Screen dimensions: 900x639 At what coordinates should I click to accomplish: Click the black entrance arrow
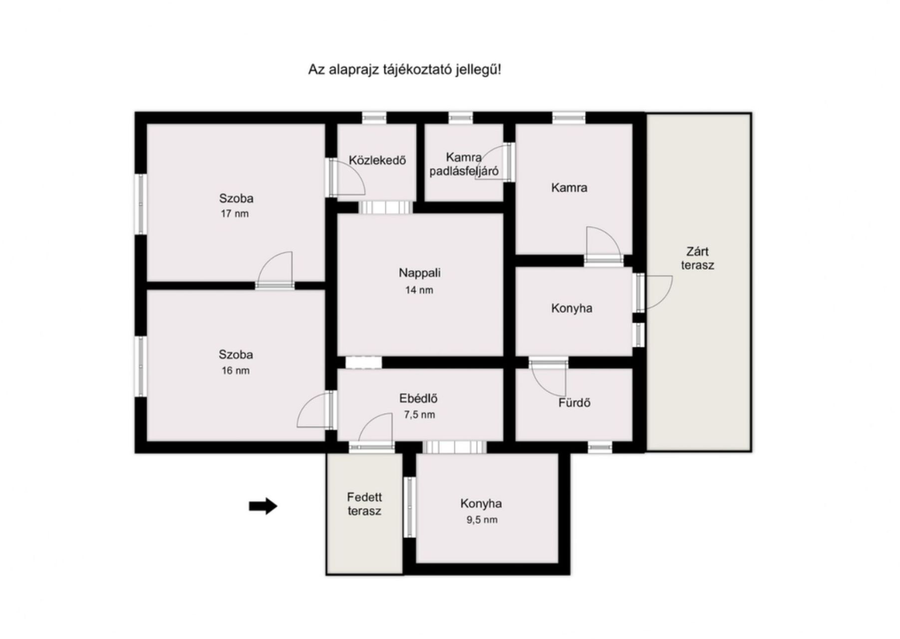[x=263, y=506]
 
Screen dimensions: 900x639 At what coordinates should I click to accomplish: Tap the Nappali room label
[x=419, y=273]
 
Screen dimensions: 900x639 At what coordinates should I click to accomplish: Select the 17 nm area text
[x=235, y=214]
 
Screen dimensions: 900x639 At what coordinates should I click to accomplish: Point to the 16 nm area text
[x=236, y=370]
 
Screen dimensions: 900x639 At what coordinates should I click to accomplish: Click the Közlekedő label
[x=377, y=160]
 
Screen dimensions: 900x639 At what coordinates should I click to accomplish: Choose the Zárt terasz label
[x=697, y=259]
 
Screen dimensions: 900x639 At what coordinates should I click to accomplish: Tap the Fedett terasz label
[x=364, y=504]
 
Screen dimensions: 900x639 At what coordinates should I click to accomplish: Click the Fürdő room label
[x=575, y=402]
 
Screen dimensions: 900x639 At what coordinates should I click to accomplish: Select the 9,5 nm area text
[x=482, y=520]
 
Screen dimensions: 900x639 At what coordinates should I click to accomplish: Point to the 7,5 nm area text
[x=419, y=415]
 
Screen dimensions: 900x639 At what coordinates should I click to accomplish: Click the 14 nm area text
[x=419, y=290]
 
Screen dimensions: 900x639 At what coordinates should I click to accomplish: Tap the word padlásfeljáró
[x=464, y=171]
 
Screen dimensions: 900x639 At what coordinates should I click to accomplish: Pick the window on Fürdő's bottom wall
[x=600, y=447]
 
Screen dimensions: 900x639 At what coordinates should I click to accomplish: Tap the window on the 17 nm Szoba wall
[x=141, y=204]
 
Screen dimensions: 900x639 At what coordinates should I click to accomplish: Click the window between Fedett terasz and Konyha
[x=409, y=507]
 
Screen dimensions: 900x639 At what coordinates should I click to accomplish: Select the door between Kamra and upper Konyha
[x=604, y=245]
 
